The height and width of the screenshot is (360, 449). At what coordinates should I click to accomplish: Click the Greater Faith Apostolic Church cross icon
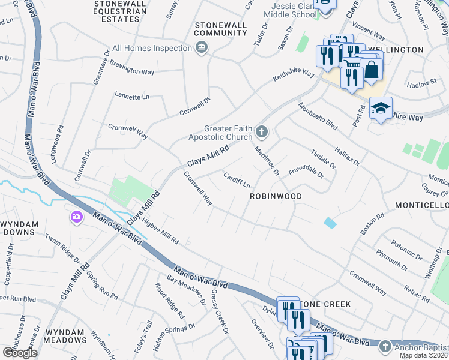261,131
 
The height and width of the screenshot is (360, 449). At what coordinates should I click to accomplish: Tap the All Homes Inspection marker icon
202,48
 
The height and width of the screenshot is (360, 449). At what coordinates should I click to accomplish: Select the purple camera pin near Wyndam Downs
76,217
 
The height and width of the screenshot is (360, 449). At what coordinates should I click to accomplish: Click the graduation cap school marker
381,109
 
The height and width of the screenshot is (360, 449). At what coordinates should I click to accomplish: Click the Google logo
20,353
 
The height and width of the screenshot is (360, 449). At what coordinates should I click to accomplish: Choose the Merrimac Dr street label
267,160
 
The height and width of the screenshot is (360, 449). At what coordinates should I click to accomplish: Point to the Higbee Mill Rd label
160,232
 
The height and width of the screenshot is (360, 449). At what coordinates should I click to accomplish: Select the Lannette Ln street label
131,97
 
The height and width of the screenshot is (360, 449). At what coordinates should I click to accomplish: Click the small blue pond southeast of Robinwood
330,223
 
